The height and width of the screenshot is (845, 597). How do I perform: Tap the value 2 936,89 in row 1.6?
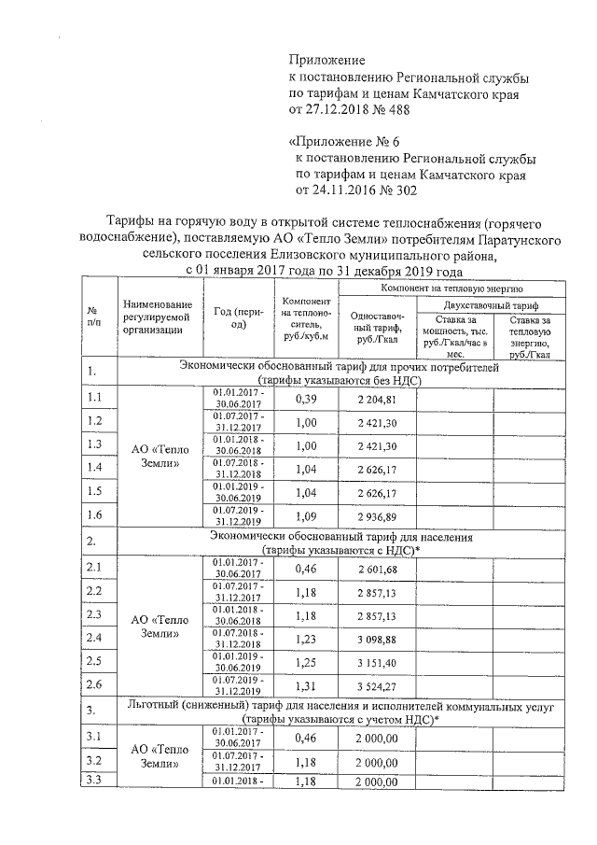(377, 516)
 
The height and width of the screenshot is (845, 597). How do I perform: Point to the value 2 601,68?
(377, 571)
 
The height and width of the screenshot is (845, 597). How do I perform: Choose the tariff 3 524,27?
(377, 688)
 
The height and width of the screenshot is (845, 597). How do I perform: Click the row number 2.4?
(94, 639)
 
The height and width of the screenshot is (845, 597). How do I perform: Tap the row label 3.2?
(94, 762)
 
